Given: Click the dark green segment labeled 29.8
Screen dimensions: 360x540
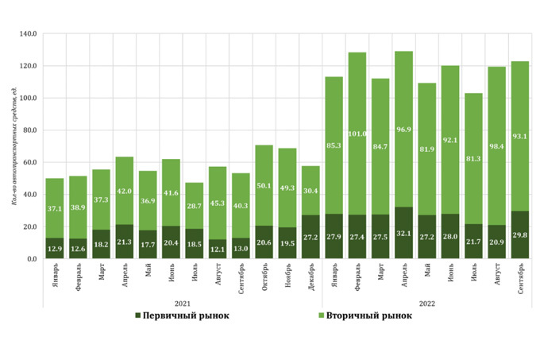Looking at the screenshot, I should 520,235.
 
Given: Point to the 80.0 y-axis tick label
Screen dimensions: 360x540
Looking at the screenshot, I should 29,130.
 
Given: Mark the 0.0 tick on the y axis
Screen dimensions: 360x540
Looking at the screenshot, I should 32,259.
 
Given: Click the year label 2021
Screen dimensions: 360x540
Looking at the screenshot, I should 183,303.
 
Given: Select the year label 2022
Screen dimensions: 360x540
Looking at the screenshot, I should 427,303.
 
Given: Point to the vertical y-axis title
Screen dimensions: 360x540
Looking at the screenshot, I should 13,147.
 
